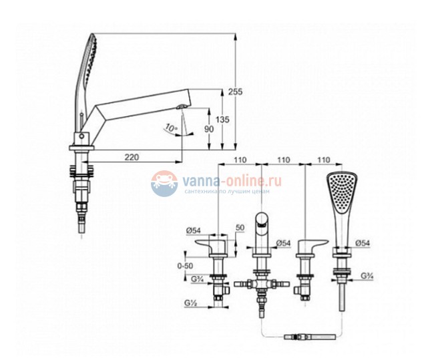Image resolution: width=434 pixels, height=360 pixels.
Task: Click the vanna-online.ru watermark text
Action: [x=218, y=180]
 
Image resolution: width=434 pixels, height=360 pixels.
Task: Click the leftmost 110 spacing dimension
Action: [x=241, y=161]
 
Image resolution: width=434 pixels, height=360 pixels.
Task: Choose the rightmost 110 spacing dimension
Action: [x=324, y=161]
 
